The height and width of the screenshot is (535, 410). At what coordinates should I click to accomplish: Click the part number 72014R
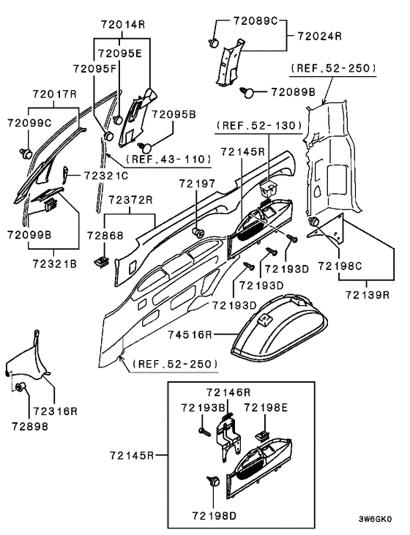tap(122, 24)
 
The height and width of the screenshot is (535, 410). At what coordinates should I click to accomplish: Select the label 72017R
tap(54, 94)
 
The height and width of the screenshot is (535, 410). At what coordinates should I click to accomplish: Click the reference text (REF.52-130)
tap(258, 126)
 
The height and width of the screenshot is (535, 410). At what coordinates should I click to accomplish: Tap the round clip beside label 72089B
tap(249, 92)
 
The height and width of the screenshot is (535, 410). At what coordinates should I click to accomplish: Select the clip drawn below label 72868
tap(100, 258)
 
